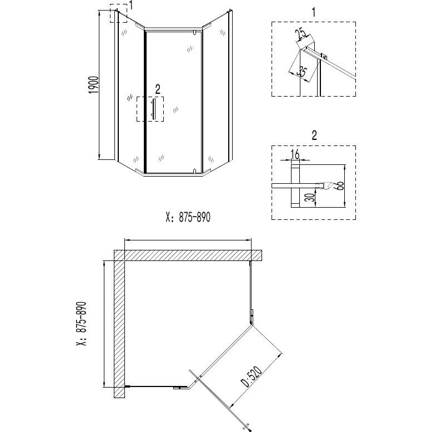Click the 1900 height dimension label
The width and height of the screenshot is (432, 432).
click(94, 87)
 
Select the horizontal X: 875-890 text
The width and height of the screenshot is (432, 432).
click(189, 218)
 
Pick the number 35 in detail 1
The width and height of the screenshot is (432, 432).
click(302, 71)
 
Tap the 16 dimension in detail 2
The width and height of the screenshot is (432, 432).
click(295, 153)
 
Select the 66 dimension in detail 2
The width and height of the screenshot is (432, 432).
click(339, 186)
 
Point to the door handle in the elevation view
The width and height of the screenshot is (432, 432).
click(155, 109)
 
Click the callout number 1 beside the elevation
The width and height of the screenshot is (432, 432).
click(132, 6)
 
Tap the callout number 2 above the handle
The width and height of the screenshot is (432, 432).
click(158, 88)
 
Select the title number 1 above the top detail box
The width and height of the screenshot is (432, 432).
click(314, 12)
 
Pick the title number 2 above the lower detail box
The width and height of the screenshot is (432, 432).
click(314, 135)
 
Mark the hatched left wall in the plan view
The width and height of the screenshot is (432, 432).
click(119, 328)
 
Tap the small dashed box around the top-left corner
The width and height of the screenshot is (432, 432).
click(119, 14)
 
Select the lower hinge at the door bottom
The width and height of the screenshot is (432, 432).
click(193, 170)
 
